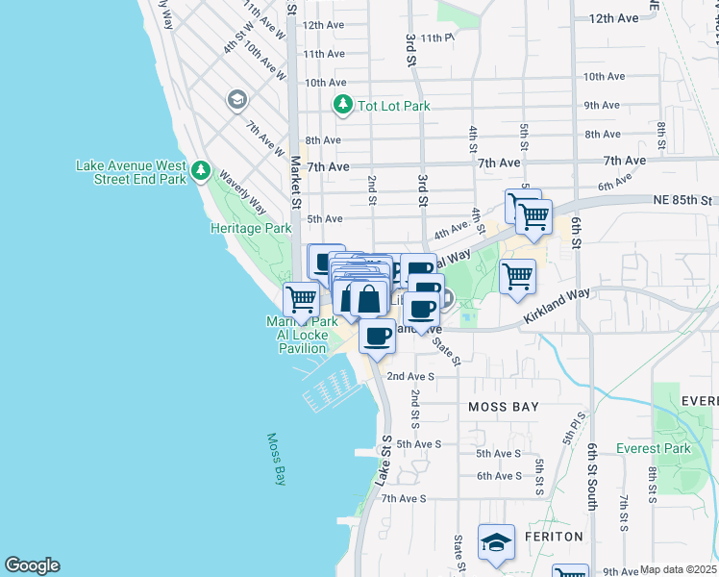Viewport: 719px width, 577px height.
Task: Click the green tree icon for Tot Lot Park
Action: pos(341,104)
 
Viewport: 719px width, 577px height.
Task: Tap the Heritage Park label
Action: pos(250,229)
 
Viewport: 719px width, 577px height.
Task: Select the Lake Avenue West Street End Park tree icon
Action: pos(200,171)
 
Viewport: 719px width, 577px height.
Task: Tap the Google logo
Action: pos(32,565)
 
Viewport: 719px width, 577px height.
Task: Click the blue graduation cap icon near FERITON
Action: pos(497,544)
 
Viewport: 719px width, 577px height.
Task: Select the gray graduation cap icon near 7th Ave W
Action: pos(236,100)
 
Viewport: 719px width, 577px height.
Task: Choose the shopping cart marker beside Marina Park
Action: pos(301,298)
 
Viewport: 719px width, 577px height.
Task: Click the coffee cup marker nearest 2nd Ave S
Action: pos(378,336)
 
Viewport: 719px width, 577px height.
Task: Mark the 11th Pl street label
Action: pos(435,38)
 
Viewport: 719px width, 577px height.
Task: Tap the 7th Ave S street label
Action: pos(403,498)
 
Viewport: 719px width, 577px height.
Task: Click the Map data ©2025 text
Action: pos(678,569)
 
